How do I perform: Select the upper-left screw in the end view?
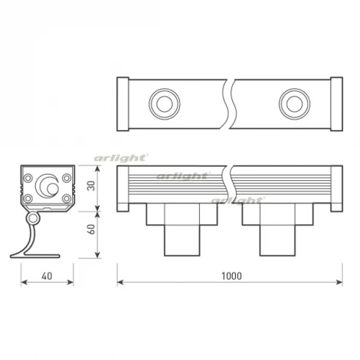(x=28, y=178)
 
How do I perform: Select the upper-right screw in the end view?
(x=67, y=178)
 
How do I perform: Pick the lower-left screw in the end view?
(x=28, y=200)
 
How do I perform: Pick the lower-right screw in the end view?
(x=67, y=200)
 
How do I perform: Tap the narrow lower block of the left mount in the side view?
(x=182, y=239)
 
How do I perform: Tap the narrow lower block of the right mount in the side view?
(x=277, y=239)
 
